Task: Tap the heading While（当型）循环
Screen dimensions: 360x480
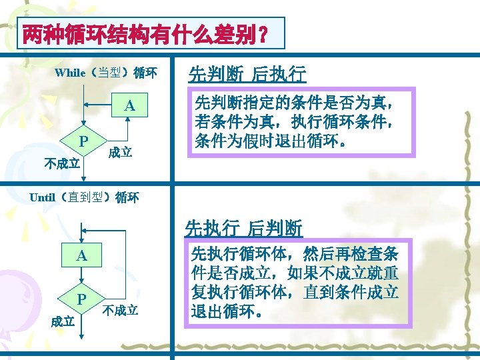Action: pos(106,73)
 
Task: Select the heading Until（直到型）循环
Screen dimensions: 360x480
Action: pos(85,197)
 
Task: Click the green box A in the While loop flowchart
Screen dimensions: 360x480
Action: pos(129,106)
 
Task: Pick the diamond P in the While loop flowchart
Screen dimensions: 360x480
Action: pos(83,141)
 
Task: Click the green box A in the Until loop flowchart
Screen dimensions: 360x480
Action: pos(81,255)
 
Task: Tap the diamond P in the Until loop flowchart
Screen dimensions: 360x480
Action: pos(81,299)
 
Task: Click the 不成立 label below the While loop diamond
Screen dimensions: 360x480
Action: pos(61,163)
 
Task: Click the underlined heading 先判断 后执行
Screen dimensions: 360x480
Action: pos(247,73)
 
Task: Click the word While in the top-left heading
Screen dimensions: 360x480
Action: pos(70,73)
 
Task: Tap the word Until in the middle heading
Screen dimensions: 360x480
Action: pos(43,197)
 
